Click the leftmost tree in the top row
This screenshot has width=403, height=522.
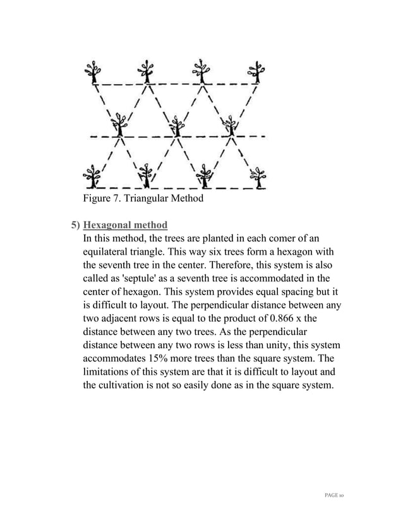(x=94, y=72)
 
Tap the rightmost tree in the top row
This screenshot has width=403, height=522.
(x=256, y=72)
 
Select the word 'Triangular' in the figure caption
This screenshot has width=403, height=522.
(x=148, y=200)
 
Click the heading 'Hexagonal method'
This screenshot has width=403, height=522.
(x=125, y=225)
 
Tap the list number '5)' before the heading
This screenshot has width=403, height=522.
(x=75, y=225)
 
